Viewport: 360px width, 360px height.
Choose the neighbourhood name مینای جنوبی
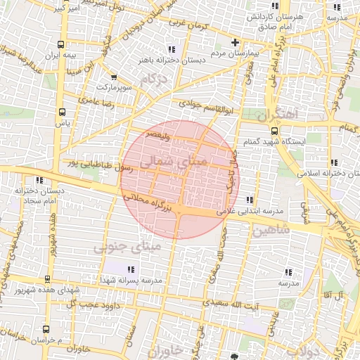[127, 247]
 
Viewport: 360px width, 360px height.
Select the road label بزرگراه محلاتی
[152, 200]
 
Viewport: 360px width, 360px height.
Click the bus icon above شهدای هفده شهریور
[47, 279]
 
